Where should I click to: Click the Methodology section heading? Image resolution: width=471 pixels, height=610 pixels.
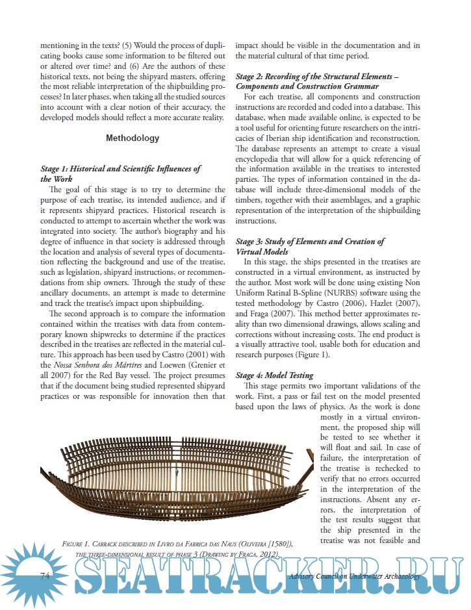point(132,138)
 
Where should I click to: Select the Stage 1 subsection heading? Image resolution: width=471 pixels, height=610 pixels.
point(120,173)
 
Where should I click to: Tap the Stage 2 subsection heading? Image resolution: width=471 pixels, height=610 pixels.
point(316,81)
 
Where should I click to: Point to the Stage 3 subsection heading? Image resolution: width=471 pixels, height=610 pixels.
point(310,246)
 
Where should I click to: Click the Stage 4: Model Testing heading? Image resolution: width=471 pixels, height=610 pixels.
point(274,375)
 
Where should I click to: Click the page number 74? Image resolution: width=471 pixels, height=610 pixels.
point(45,576)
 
